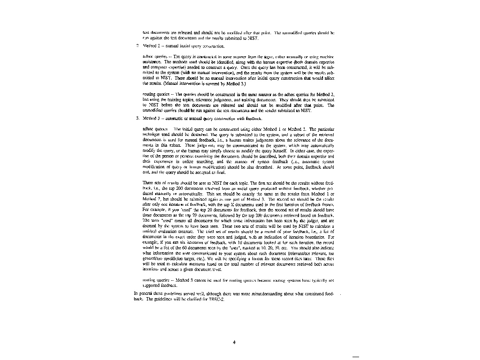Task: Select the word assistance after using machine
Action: [x=151, y=61]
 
